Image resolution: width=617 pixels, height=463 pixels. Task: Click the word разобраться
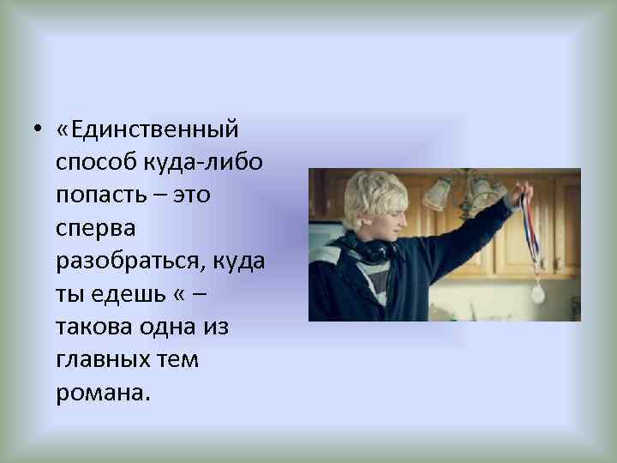click(128, 262)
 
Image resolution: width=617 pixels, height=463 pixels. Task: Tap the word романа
click(102, 392)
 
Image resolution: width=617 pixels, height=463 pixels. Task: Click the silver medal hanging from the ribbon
click(537, 292)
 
